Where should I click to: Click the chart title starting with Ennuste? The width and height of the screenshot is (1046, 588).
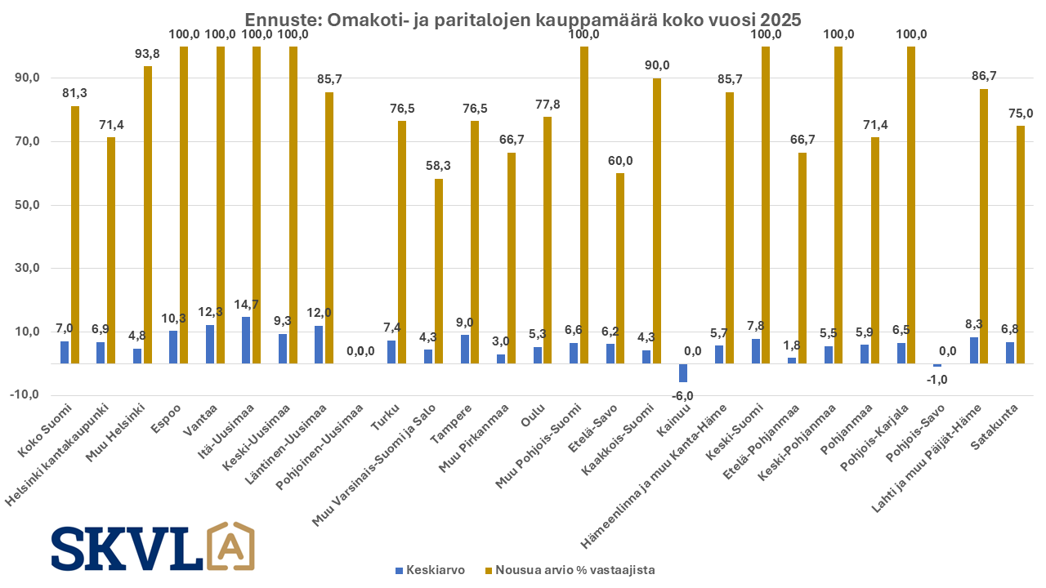pos(523,19)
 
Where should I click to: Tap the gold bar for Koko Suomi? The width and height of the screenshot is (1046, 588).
pos(75,234)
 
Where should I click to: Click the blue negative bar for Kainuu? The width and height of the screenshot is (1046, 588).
pos(683,372)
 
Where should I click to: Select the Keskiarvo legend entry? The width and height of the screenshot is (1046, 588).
pos(430,570)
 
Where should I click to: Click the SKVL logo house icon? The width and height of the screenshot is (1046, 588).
pos(231,546)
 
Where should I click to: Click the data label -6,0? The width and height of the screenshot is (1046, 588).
pos(682,396)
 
